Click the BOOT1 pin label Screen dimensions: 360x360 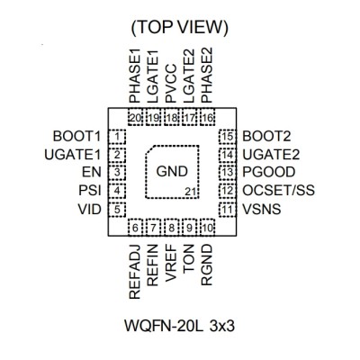click(76, 137)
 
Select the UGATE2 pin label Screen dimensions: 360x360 click(271, 155)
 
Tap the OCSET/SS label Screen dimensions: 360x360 click(279, 191)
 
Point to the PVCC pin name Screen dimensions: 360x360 click(171, 84)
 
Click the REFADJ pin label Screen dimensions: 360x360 click(135, 272)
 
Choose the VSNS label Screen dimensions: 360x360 click(262, 209)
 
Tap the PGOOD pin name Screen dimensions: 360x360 click(269, 172)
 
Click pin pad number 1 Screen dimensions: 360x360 click(117, 137)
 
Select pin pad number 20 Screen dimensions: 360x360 click(135, 118)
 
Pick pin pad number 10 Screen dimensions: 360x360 click(207, 228)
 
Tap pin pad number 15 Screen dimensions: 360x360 click(228, 137)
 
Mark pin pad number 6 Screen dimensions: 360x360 click(135, 228)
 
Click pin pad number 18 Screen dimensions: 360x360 click(172, 118)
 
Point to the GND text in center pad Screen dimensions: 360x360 click(172, 172)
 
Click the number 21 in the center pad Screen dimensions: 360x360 click(191, 192)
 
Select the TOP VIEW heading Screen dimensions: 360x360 click(180, 28)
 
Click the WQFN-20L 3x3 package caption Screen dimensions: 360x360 click(179, 326)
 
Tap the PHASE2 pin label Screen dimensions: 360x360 click(207, 76)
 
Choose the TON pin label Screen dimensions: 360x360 click(189, 258)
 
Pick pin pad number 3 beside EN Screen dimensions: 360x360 click(117, 173)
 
